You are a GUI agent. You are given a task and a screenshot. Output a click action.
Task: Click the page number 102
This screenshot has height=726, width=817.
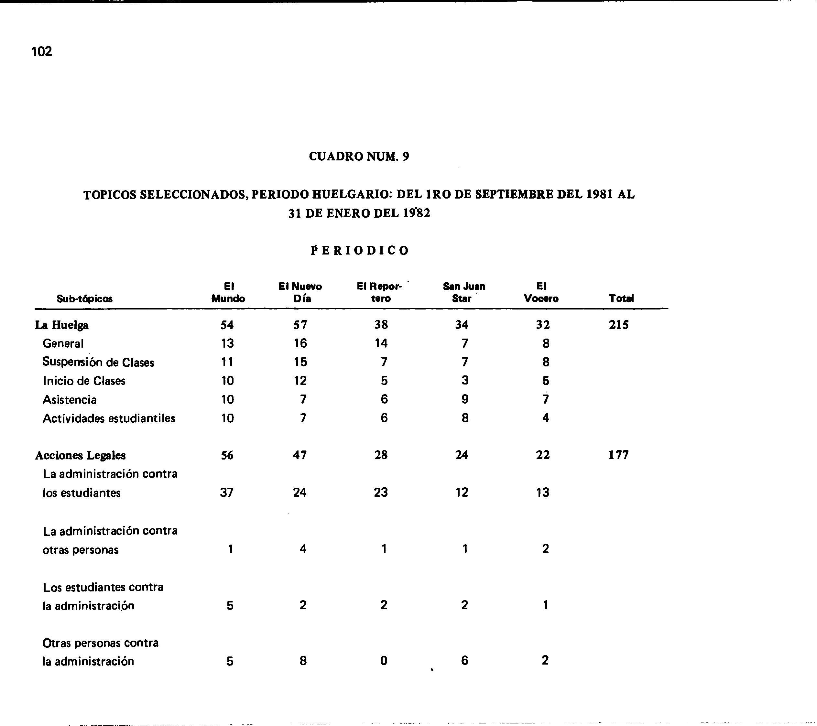(42, 51)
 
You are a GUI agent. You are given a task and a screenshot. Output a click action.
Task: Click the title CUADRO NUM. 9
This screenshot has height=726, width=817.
(359, 156)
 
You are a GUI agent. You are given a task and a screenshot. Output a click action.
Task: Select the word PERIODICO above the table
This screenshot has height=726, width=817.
(360, 251)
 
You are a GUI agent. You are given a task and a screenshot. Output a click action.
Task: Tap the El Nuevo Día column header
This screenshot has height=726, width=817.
(300, 292)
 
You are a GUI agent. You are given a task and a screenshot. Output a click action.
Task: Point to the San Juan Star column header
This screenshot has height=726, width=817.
(464, 292)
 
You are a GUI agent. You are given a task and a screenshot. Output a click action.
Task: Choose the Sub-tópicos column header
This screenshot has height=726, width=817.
(84, 298)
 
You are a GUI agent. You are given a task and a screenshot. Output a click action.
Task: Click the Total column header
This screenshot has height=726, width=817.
(621, 298)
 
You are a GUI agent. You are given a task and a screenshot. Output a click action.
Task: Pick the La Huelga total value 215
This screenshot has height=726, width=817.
(619, 325)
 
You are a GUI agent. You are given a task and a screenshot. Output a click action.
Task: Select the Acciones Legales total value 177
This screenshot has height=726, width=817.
(618, 455)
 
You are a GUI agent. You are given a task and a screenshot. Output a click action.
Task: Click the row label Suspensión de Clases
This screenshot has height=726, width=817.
(98, 362)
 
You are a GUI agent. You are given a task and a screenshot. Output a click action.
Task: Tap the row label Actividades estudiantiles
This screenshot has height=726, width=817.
(109, 418)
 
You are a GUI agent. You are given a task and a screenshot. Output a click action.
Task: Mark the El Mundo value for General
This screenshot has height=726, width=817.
(227, 343)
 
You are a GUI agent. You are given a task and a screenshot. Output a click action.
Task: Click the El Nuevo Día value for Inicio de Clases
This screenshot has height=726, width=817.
(300, 380)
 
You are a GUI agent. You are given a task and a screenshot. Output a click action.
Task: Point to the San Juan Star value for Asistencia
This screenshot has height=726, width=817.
(464, 399)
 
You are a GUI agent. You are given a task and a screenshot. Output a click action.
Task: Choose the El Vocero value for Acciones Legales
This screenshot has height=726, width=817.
(543, 455)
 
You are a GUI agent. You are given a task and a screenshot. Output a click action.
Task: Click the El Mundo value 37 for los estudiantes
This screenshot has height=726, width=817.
(227, 492)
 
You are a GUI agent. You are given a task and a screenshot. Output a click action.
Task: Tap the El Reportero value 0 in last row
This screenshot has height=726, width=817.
(384, 660)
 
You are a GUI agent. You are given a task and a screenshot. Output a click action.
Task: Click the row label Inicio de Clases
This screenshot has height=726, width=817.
(84, 381)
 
